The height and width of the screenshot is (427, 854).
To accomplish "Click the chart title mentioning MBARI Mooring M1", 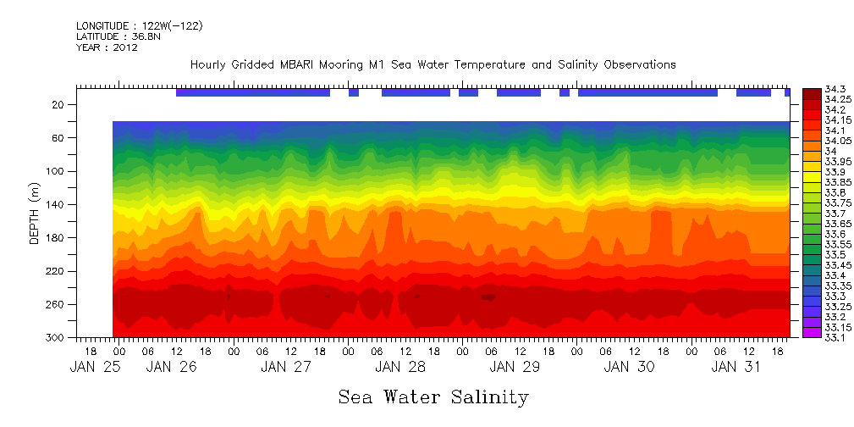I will (433, 64).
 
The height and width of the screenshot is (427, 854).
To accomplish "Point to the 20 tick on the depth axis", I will (59, 104).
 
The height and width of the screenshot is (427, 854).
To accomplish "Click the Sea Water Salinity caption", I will (433, 396).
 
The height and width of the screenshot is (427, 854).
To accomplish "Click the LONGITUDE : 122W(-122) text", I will (139, 26).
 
